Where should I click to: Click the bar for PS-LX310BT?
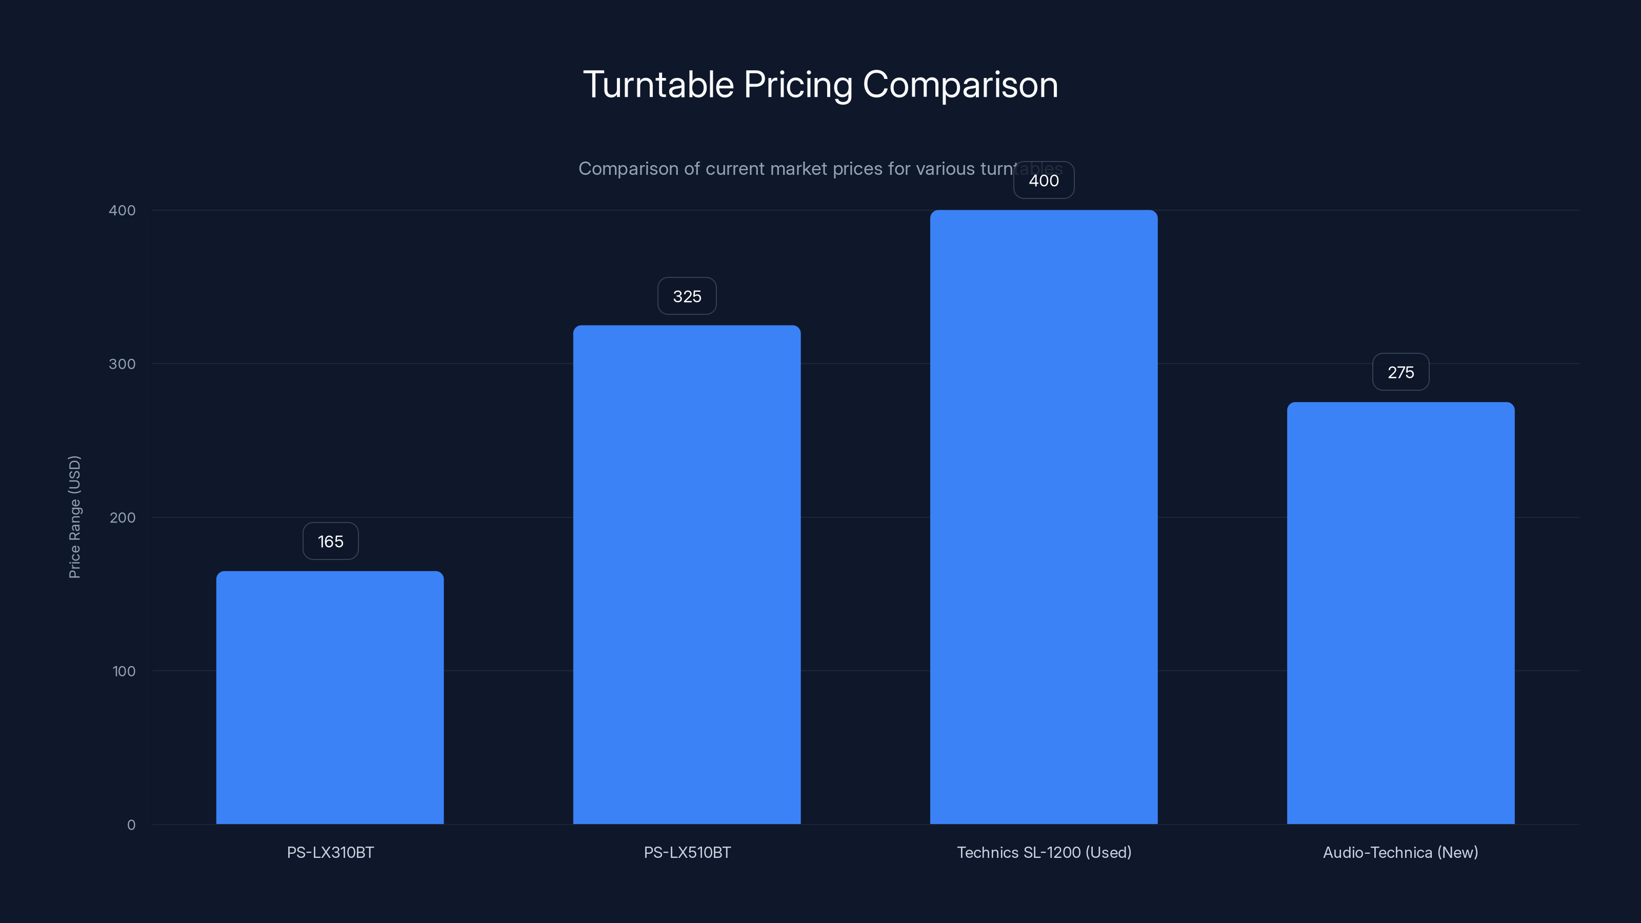[330, 697]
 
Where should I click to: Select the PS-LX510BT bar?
[687, 574]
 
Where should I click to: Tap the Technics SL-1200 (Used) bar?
[1044, 516]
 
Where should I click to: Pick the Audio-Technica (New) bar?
[1400, 613]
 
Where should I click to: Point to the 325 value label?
[687, 296]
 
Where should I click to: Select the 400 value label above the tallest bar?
[1044, 181]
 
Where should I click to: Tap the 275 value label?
[1400, 372]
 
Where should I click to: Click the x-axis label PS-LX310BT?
[330, 852]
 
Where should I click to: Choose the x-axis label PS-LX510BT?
[687, 852]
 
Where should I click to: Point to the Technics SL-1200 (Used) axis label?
[1044, 852]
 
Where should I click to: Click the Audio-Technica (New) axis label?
[1400, 852]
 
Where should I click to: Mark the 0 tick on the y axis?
[131, 825]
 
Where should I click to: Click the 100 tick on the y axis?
[124, 671]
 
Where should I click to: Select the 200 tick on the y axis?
[123, 518]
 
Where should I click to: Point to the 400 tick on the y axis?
[123, 211]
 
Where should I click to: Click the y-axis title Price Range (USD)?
[74, 516]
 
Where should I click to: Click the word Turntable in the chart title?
[658, 85]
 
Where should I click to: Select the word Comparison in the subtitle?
[628, 169]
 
